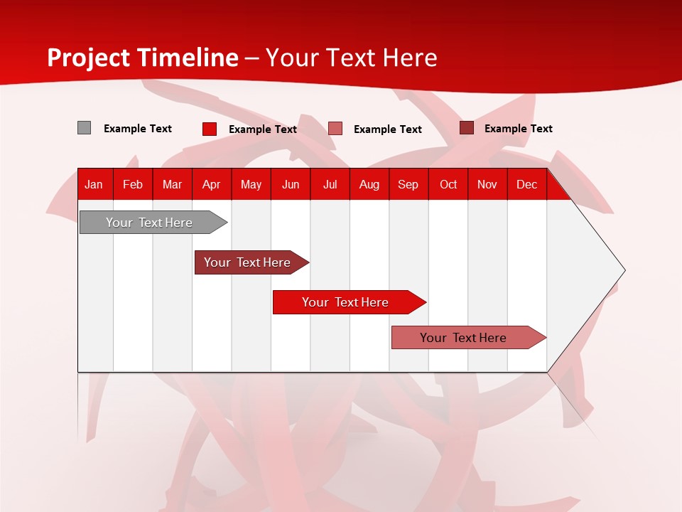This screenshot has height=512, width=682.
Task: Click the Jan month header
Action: (x=94, y=184)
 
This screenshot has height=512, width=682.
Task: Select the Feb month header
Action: (x=133, y=184)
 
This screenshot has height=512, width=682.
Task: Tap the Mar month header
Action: (x=172, y=184)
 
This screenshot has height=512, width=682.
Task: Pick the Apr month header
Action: (x=211, y=184)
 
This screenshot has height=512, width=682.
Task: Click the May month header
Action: (x=251, y=184)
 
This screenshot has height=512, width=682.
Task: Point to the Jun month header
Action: (x=291, y=184)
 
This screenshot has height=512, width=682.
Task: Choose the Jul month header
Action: (x=330, y=184)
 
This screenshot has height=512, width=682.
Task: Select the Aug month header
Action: (x=369, y=184)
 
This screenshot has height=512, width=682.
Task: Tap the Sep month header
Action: (x=408, y=184)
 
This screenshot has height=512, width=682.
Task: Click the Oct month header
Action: (x=448, y=184)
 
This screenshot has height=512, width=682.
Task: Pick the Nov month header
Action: (x=487, y=184)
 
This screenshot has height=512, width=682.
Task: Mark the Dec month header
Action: (x=527, y=184)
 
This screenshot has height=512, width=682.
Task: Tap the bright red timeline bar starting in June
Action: (x=346, y=302)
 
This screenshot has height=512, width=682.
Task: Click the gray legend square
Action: (x=85, y=128)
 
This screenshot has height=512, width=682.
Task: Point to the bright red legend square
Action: (x=210, y=129)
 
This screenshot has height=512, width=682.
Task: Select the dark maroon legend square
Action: (x=467, y=128)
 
